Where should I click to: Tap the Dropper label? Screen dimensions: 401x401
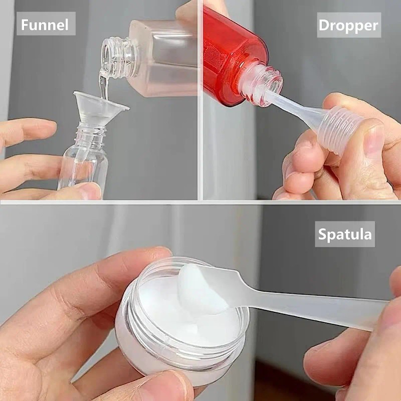(349, 25)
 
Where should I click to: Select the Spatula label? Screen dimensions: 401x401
(345, 234)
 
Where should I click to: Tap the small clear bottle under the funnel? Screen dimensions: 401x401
(83, 158)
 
